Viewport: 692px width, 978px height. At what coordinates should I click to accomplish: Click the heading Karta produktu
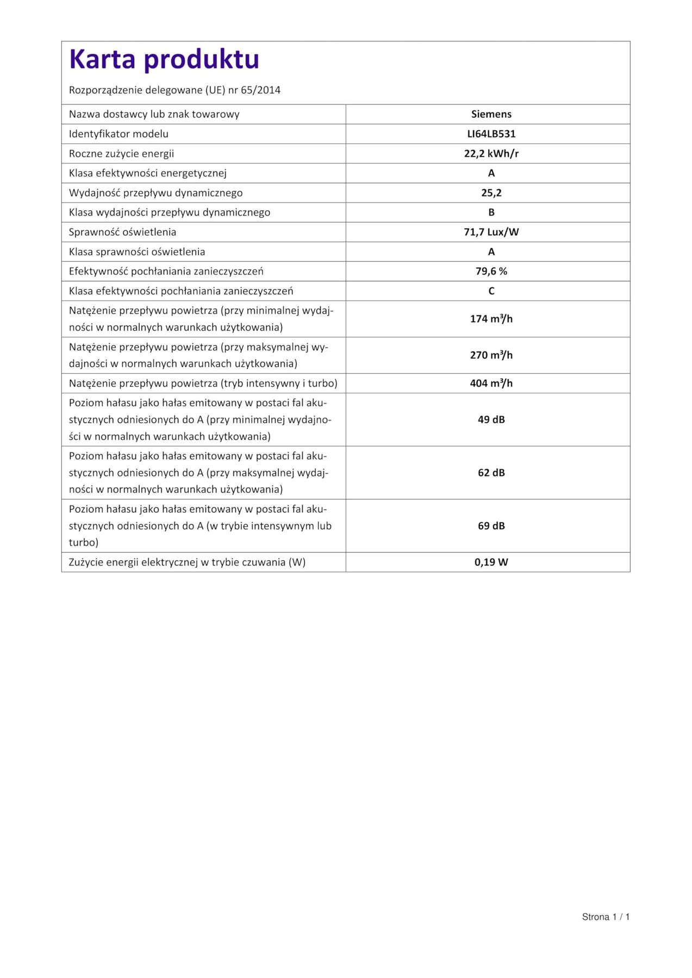(x=164, y=59)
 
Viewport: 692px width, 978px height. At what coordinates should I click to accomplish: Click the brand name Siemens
(x=491, y=114)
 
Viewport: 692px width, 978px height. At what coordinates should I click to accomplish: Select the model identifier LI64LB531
(x=491, y=134)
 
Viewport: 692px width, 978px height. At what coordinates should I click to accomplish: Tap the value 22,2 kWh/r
(x=491, y=154)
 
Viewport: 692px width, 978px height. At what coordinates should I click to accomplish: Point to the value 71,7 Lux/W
(x=491, y=232)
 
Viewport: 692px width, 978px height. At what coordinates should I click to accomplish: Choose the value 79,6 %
(x=491, y=271)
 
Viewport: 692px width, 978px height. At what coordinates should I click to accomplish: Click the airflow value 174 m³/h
(x=491, y=319)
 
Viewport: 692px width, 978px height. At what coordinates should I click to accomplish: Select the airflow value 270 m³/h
(x=491, y=355)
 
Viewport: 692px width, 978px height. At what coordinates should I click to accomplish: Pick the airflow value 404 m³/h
(x=491, y=383)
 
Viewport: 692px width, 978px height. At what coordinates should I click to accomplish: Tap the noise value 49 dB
(x=491, y=419)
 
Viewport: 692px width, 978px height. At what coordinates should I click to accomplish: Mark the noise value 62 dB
(x=491, y=473)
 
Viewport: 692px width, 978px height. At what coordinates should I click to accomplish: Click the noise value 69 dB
(x=491, y=526)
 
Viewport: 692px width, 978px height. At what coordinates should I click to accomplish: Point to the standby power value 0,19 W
(x=491, y=562)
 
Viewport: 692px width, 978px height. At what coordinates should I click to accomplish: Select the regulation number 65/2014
(x=260, y=90)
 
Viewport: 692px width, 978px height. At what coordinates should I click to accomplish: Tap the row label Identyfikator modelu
(x=119, y=134)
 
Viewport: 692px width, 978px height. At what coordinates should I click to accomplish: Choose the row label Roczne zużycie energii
(x=121, y=154)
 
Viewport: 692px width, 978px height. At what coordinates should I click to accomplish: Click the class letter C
(x=491, y=291)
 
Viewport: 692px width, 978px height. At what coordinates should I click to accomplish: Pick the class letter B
(x=491, y=212)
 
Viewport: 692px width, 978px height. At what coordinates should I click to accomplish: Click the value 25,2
(x=491, y=193)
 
